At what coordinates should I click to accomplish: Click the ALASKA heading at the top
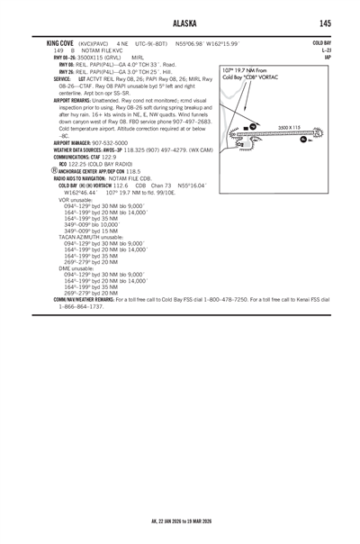click(x=180, y=23)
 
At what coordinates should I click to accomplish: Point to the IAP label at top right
click(x=327, y=57)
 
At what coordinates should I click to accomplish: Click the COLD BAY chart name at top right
click(x=321, y=42)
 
